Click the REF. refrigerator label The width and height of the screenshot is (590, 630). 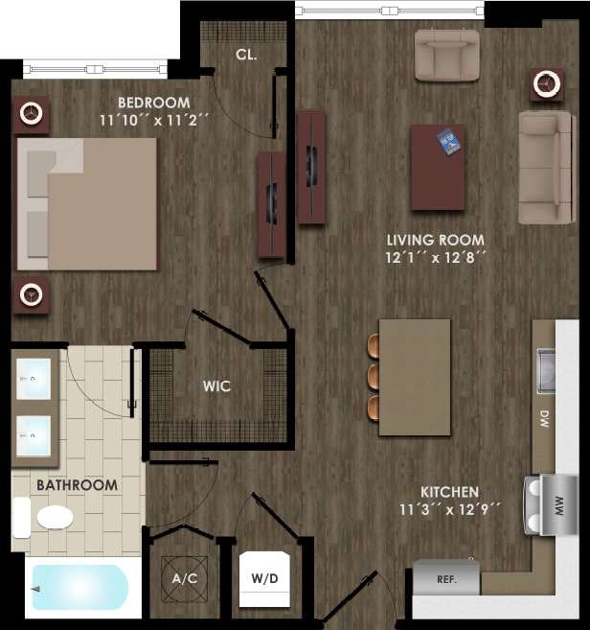coord(445,580)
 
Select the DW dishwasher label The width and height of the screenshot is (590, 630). coord(544,419)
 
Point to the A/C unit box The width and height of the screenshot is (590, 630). coord(184,578)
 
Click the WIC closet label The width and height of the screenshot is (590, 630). coord(216,386)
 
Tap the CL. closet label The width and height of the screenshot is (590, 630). coord(246,55)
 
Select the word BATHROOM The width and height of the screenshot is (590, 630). coord(77,485)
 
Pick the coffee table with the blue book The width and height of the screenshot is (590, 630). coord(439,167)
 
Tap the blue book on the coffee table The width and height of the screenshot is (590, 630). coord(448,142)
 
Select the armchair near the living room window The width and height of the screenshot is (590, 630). coord(446,55)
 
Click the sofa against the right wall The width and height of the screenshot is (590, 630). coord(545,167)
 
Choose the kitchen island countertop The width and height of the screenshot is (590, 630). coord(415,377)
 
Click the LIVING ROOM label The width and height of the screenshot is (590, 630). coord(435,240)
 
